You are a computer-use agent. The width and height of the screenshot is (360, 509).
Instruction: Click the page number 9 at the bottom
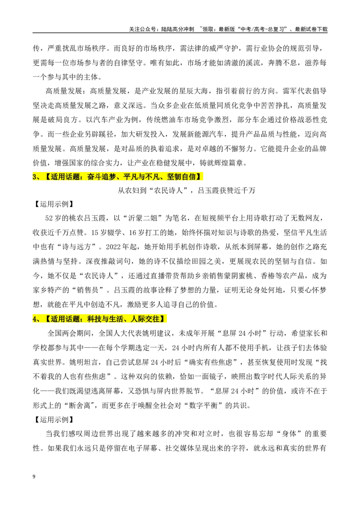pyautogui.click(x=34, y=477)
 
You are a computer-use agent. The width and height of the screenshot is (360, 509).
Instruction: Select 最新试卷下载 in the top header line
pyautogui.click(x=311, y=29)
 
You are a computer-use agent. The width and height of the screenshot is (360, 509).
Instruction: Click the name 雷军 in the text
pyautogui.click(x=290, y=91)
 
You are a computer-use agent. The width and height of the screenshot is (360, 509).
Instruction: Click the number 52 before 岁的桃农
pyautogui.click(x=49, y=218)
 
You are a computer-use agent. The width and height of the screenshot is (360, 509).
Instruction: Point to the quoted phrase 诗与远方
pyautogui.click(x=76, y=247)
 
